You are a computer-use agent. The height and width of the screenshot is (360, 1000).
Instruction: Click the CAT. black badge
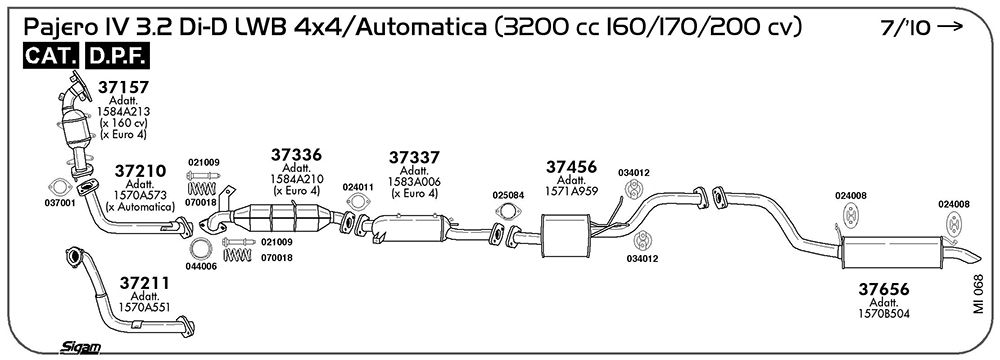(x=51, y=56)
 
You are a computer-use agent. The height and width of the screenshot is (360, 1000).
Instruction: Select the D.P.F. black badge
(x=117, y=56)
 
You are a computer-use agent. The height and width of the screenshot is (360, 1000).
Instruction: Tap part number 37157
(x=123, y=87)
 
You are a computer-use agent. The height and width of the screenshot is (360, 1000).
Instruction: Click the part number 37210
(x=140, y=171)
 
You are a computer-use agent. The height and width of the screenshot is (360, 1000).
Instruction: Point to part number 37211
(x=145, y=282)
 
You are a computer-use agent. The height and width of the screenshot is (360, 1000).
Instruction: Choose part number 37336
(x=296, y=154)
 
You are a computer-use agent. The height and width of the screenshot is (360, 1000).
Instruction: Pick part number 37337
(x=415, y=157)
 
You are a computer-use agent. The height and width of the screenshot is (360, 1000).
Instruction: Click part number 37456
(x=571, y=167)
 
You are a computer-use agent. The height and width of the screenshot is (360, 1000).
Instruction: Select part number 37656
(x=883, y=289)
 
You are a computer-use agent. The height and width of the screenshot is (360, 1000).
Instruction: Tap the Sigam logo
(x=80, y=347)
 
